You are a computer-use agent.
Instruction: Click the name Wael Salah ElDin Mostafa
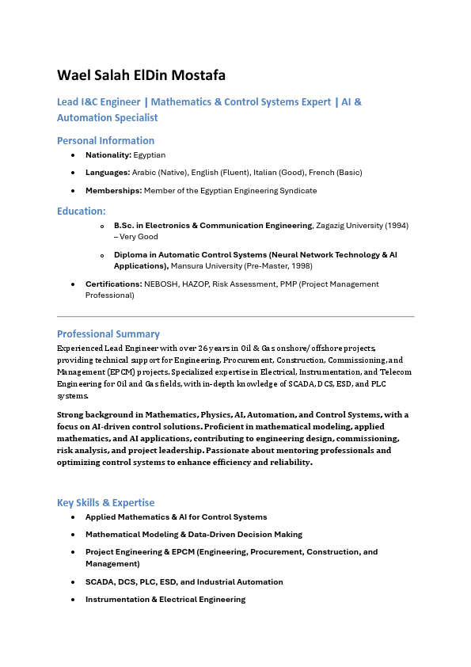pyautogui.click(x=141, y=75)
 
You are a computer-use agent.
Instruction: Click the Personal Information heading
pyautogui.click(x=105, y=140)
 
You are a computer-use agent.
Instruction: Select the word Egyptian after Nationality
pyautogui.click(x=150, y=154)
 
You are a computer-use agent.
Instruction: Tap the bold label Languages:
pyautogui.click(x=107, y=172)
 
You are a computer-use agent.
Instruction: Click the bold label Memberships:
pyautogui.click(x=113, y=190)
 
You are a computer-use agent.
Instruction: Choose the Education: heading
pyautogui.click(x=81, y=211)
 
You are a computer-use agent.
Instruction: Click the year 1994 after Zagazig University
pyautogui.click(x=397, y=226)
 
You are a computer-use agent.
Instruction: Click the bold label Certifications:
pyautogui.click(x=113, y=284)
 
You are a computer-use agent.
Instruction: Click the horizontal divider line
pyautogui.click(x=235, y=316)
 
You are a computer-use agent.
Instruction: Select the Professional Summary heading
pyautogui.click(x=108, y=333)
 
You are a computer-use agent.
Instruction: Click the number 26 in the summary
pyautogui.click(x=203, y=348)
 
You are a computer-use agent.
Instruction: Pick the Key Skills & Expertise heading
pyautogui.click(x=105, y=502)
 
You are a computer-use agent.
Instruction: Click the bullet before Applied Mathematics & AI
pyautogui.click(x=74, y=517)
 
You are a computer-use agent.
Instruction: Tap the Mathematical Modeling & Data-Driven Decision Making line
pyautogui.click(x=193, y=534)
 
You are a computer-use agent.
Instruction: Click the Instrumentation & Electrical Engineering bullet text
pyautogui.click(x=165, y=599)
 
